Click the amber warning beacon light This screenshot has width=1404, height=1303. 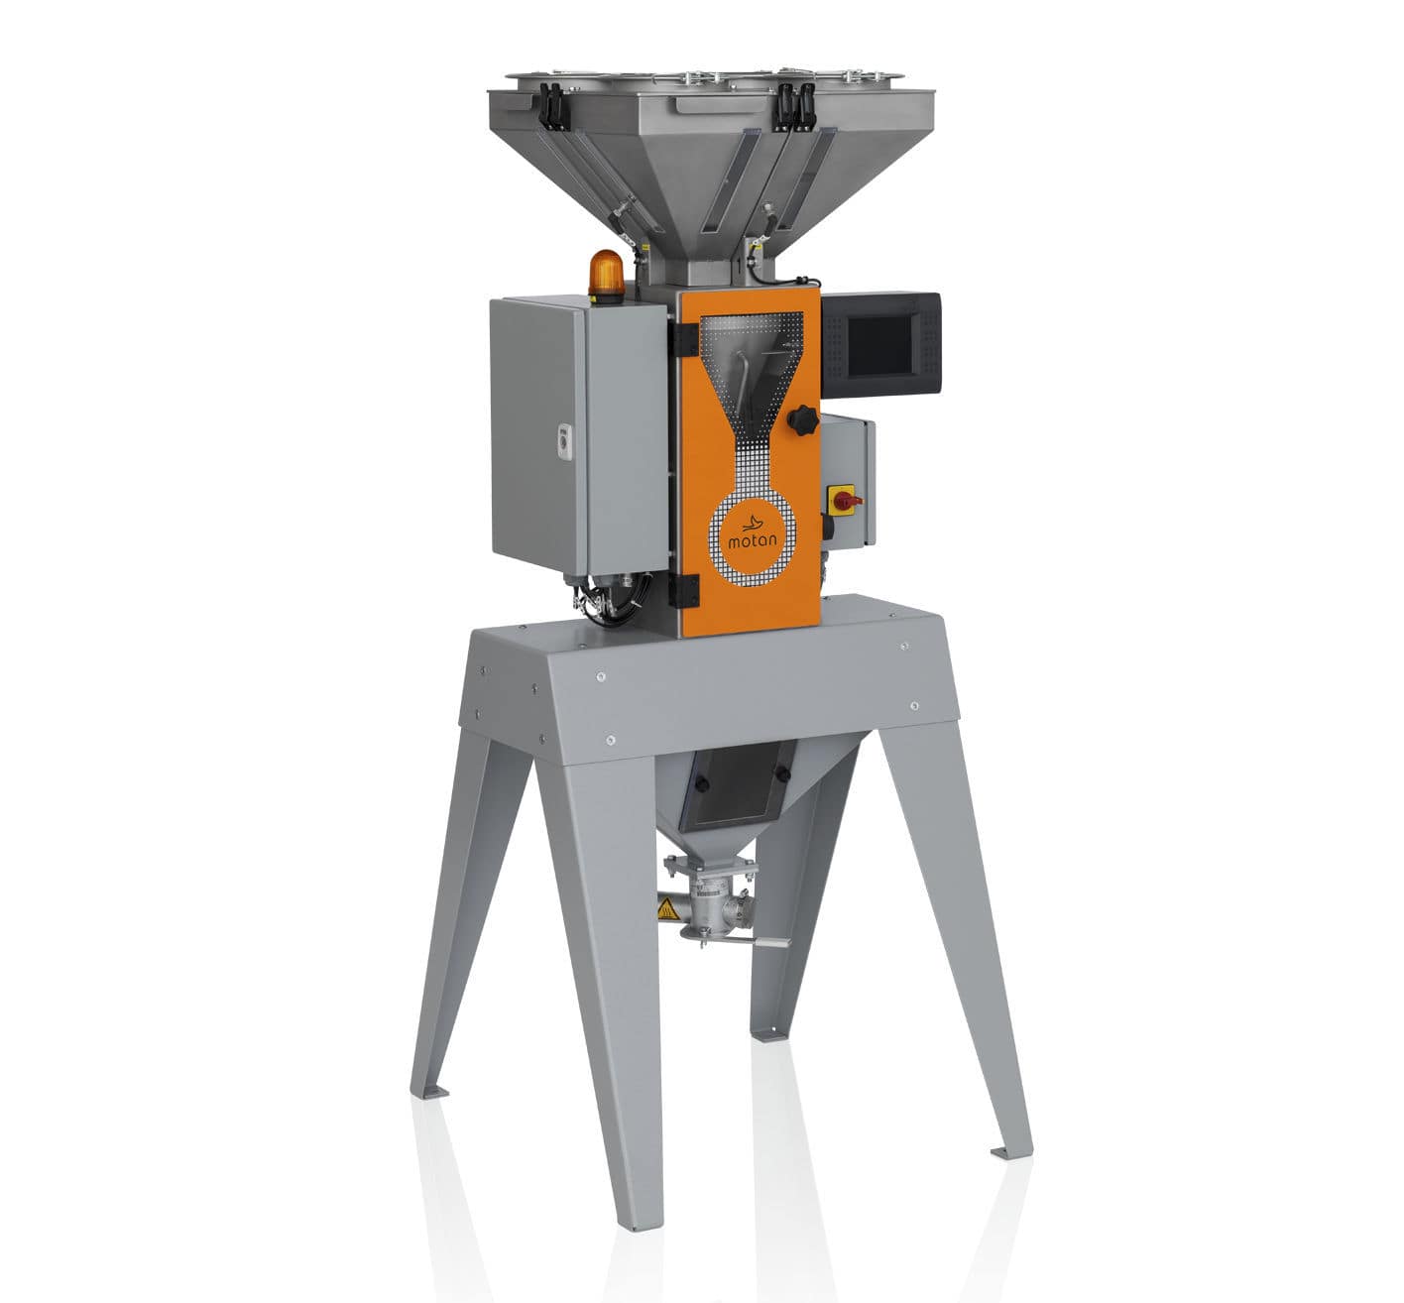pyautogui.click(x=607, y=275)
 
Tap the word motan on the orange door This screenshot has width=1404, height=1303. pyautogui.click(x=756, y=541)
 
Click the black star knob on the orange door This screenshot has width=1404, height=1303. pyautogui.click(x=801, y=421)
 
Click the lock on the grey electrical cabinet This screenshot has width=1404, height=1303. pyautogui.click(x=562, y=438)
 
